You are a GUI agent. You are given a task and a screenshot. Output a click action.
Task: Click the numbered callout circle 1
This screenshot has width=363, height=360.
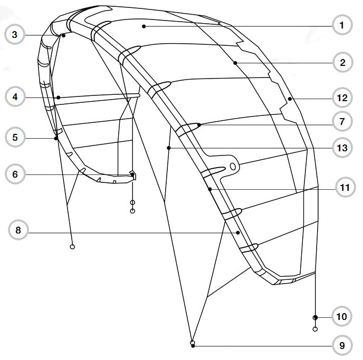342,25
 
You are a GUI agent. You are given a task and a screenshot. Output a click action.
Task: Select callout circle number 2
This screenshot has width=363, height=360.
342,63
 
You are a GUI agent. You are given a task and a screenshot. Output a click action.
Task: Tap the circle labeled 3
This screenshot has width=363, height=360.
15,35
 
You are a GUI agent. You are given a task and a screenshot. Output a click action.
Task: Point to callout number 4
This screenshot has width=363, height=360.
15,97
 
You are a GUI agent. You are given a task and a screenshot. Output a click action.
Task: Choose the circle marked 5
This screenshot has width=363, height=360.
15,138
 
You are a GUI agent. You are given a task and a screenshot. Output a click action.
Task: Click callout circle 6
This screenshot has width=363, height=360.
15,174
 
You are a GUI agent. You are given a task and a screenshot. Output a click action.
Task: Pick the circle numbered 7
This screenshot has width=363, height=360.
342,122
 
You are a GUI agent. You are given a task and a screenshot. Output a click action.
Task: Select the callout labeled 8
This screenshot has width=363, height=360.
18,230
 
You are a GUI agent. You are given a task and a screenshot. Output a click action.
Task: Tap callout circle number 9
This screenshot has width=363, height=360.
342,346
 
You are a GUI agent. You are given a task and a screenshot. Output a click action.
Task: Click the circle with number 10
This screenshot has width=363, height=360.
342,317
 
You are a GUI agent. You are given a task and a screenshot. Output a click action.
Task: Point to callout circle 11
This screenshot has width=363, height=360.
345,188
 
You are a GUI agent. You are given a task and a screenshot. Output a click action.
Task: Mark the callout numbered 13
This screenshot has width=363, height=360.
342,149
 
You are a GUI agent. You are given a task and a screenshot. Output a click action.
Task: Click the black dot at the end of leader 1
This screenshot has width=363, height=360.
144,26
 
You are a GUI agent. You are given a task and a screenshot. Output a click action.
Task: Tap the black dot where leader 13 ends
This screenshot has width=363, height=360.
168,149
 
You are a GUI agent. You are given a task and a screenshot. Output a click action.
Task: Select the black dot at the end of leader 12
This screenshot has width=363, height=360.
290,98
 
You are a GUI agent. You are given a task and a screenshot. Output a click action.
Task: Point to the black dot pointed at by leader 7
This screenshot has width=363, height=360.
199,125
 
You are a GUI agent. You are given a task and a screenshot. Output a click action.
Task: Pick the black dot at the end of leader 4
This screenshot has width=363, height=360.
58,97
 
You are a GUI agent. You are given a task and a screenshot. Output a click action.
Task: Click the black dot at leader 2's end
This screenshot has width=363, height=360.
235,63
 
